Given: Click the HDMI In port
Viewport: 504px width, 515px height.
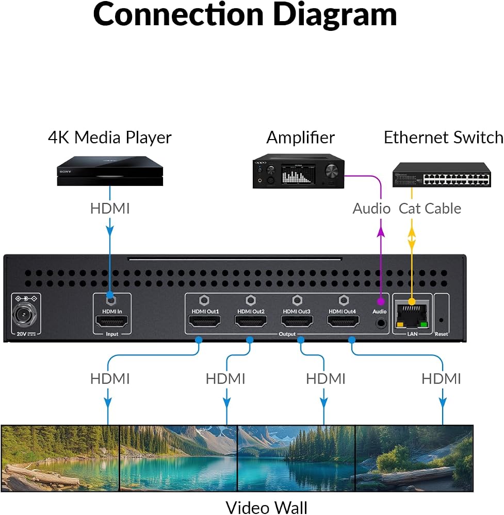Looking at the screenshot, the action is click(111, 321).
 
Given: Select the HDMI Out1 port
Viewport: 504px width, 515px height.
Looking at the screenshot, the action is click(204, 321).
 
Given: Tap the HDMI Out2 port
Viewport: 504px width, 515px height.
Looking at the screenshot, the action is click(251, 321).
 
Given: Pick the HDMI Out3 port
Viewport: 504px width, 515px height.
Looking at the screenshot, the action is click(297, 321).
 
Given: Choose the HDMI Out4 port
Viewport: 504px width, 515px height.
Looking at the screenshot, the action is click(343, 321).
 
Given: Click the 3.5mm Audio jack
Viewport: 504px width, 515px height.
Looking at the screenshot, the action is click(381, 323).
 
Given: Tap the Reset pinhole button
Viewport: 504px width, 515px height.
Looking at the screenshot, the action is click(441, 320).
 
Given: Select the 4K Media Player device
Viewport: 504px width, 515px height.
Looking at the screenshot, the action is click(110, 171).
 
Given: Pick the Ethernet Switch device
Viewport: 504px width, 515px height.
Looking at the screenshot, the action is click(442, 175).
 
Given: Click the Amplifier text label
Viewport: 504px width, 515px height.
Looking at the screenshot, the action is click(300, 138).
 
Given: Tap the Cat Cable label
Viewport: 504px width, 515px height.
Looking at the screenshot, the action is click(430, 209).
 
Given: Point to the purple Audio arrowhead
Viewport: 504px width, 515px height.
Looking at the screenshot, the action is click(381, 232).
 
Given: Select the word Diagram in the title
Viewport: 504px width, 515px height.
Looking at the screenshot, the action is click(335, 15).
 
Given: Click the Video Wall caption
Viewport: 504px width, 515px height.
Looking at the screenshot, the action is click(267, 507).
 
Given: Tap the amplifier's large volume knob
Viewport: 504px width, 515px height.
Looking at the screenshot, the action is click(332, 171).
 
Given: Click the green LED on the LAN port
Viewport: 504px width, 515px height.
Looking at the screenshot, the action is click(424, 324).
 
